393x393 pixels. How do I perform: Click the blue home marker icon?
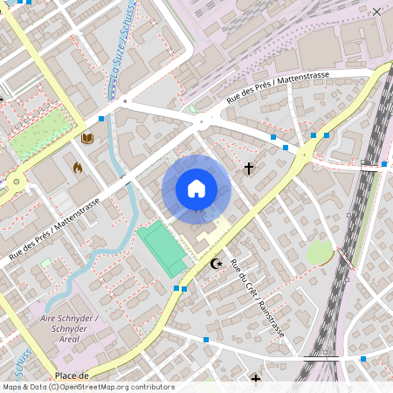[196, 189]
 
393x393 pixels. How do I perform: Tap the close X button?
[376, 11]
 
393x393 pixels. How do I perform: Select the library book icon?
[87, 138]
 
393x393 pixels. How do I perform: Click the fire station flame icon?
[77, 166]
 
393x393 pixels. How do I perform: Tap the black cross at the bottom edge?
[256, 379]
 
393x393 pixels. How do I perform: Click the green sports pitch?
[162, 248]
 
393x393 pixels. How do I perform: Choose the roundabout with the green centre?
[15, 182]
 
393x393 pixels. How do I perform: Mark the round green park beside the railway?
[320, 252]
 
